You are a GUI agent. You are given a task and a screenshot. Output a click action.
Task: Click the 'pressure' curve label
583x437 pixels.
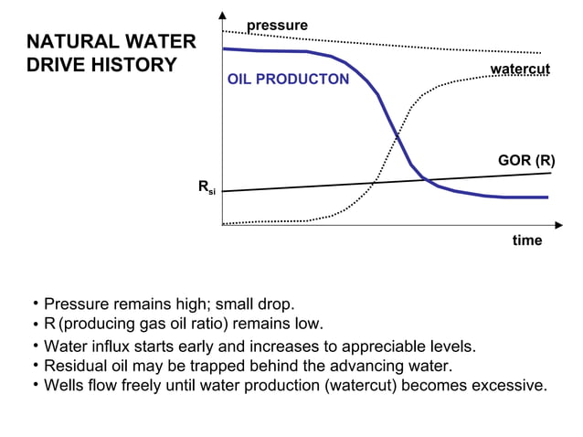point(277,25)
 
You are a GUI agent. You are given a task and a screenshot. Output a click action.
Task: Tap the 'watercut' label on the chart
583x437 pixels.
point(520,70)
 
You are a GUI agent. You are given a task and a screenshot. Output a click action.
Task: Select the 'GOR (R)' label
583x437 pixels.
point(525,160)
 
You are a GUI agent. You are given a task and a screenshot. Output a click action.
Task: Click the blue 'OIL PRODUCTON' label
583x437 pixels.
point(288,80)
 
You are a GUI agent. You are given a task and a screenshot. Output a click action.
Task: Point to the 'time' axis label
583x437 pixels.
point(526,240)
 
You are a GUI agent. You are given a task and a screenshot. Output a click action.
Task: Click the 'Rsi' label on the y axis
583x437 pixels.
point(207,187)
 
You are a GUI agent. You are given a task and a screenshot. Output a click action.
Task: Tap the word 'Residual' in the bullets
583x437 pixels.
point(76,366)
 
